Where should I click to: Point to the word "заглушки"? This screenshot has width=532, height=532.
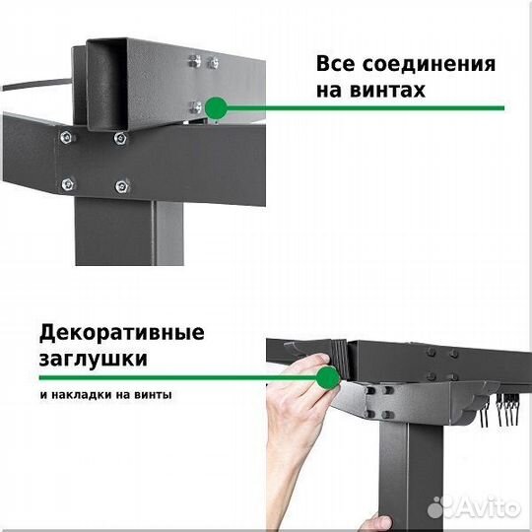pos(96,358)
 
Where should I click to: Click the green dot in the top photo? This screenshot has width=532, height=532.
pos(216,106)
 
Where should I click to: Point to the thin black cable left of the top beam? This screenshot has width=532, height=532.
pos(34,85)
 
